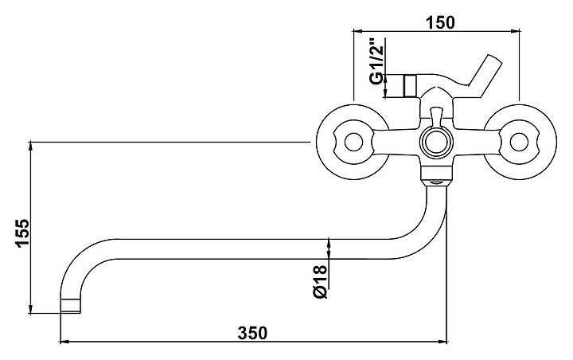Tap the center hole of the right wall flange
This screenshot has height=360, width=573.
pyautogui.click(x=518, y=143)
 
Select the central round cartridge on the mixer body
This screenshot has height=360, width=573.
pyautogui.click(x=435, y=143)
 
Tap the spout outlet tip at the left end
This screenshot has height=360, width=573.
pyautogui.click(x=72, y=306)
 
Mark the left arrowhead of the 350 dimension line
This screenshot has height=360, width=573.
pyautogui.click(x=64, y=342)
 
